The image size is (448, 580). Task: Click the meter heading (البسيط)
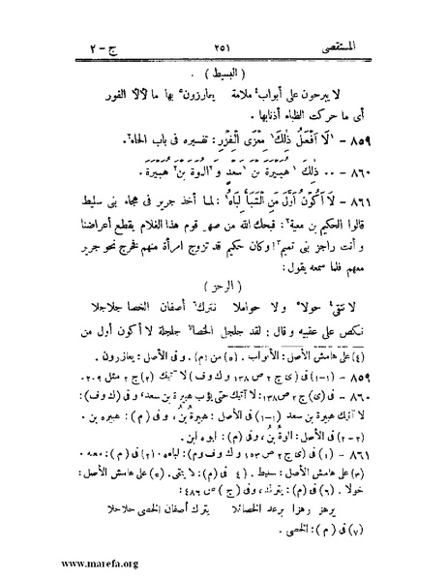[x=225, y=70]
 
